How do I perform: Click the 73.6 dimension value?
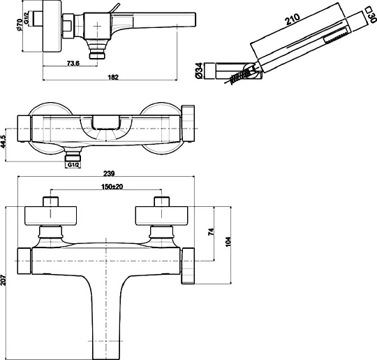pos(73,64)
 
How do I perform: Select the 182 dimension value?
pos(113,78)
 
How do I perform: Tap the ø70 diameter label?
pos(20,24)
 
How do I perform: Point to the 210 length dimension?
pos(293,20)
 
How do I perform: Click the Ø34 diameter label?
pos(199,71)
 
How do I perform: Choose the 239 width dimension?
pos(109,173)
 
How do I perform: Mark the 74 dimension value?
pos(211,231)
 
